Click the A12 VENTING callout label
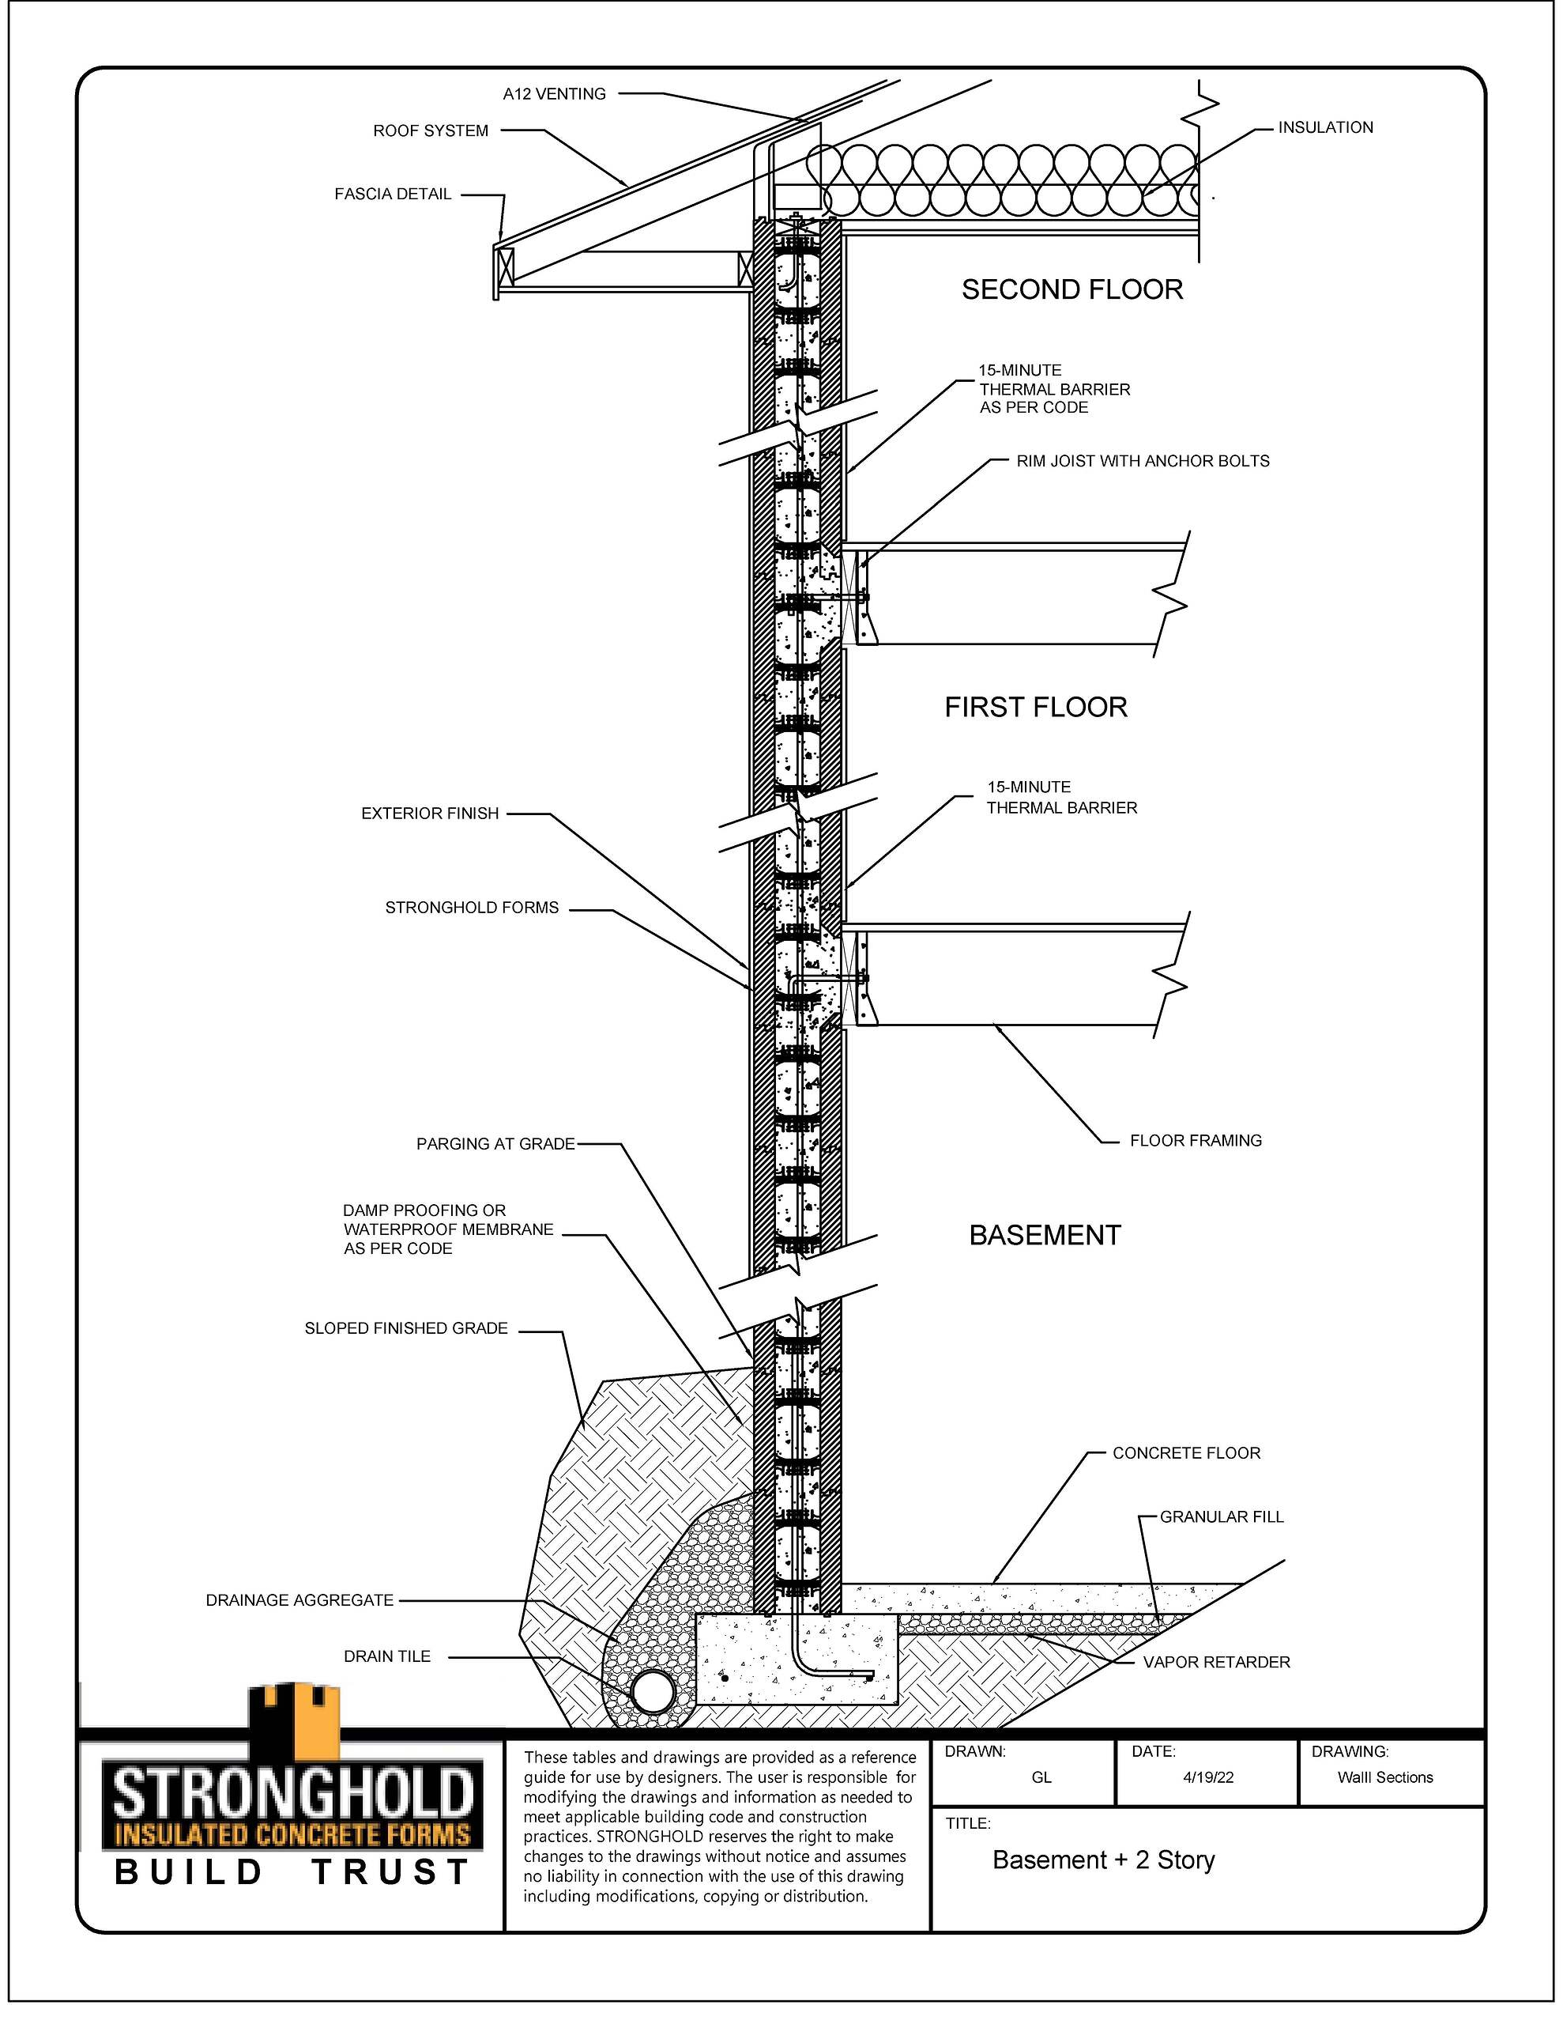tap(554, 93)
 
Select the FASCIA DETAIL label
tap(393, 194)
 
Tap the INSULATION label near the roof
tap(1326, 127)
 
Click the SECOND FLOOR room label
tap(1072, 289)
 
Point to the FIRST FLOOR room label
tap(1036, 707)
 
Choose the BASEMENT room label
tap(1045, 1234)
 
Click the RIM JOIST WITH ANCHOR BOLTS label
tap(1143, 461)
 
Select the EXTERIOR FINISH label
tap(430, 813)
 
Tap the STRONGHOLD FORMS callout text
tap(472, 908)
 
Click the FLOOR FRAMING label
tap(1196, 1140)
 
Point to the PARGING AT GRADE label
tap(495, 1143)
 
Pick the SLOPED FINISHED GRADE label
tap(406, 1328)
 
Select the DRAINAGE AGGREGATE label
tap(299, 1599)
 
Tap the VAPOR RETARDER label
tap(1216, 1662)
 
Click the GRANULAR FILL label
tap(1222, 1516)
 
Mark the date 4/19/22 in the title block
tap(1208, 1777)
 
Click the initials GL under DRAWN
tap(1041, 1777)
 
